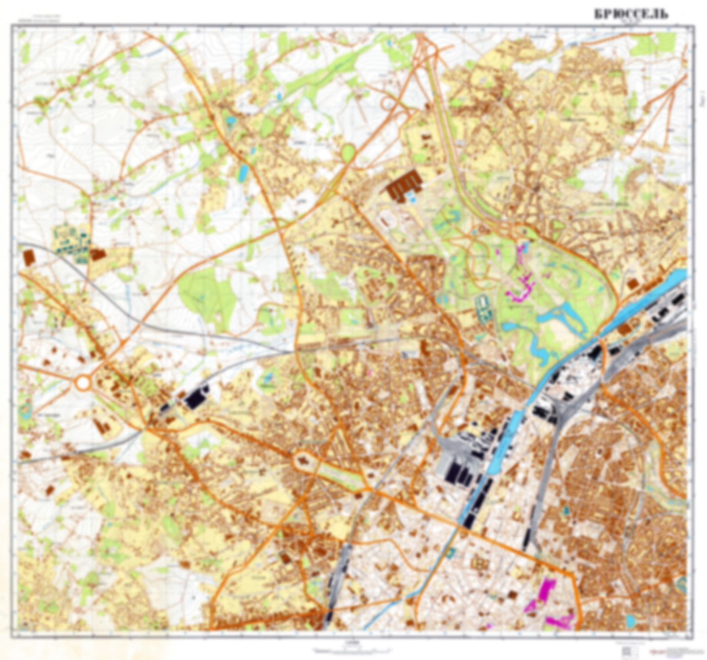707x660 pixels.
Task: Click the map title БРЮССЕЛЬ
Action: click(x=631, y=14)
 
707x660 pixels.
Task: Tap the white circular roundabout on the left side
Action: click(x=83, y=383)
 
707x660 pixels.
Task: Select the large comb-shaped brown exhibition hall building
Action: click(x=404, y=185)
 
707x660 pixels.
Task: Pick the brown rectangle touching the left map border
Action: click(x=29, y=257)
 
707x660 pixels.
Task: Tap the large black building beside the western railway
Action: click(x=196, y=397)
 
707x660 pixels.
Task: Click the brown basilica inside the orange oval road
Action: click(x=303, y=460)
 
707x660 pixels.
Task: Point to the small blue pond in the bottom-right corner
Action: click(x=631, y=622)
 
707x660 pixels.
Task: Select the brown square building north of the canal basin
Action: click(x=633, y=284)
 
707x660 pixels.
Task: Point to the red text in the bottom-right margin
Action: click(x=673, y=651)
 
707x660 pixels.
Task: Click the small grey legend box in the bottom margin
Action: click(x=628, y=651)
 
